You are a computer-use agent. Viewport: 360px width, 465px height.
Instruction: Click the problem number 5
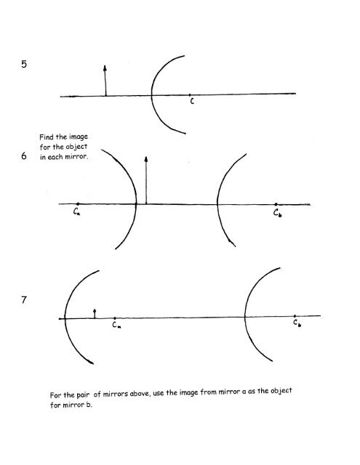point(24,64)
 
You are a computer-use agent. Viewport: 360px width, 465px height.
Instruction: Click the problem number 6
point(24,155)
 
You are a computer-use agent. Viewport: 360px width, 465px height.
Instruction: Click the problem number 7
point(24,300)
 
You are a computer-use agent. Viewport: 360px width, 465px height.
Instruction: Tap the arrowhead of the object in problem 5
point(105,68)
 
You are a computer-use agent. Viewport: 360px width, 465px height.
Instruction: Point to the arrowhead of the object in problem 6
point(146,159)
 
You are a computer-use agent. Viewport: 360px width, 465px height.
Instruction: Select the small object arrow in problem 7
point(95,313)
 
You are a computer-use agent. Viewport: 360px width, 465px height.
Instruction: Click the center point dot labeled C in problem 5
point(190,95)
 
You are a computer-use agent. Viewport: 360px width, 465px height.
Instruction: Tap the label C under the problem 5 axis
point(192,102)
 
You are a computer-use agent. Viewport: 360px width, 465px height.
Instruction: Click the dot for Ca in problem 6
point(78,203)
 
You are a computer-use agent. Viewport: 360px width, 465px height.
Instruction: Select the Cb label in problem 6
point(278,213)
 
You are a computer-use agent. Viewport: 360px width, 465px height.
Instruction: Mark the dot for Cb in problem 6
point(276,204)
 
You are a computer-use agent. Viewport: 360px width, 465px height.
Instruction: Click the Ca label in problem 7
point(116,325)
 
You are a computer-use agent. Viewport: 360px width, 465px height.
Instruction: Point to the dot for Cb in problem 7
point(295,316)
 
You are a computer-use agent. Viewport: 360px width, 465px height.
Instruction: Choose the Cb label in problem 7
point(297,323)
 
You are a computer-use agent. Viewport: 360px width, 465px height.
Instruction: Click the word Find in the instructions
point(47,137)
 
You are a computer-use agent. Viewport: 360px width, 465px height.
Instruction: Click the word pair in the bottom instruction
point(83,395)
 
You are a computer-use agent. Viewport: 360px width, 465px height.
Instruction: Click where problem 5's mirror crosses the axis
point(151,95)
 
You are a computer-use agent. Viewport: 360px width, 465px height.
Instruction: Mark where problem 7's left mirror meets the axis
point(65,318)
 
